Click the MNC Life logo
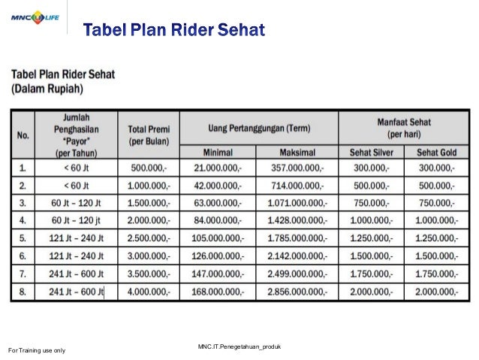(35, 16)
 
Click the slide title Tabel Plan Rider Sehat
(173, 31)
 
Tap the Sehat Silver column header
(371, 151)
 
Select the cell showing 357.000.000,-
(295, 168)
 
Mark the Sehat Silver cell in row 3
(371, 203)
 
